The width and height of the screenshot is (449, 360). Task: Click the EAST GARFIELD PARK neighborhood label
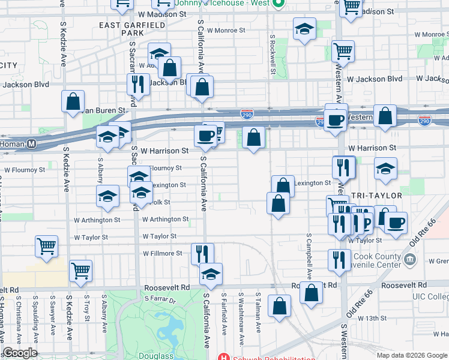point(118,29)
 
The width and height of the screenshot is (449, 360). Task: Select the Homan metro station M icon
point(32,144)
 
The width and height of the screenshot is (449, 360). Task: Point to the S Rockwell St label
point(273,54)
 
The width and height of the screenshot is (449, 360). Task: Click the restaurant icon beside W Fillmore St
point(202,253)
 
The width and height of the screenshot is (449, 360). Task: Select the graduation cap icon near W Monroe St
point(305,28)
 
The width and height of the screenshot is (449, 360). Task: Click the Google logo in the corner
point(20,353)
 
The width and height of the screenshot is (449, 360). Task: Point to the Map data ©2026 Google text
point(411,355)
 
